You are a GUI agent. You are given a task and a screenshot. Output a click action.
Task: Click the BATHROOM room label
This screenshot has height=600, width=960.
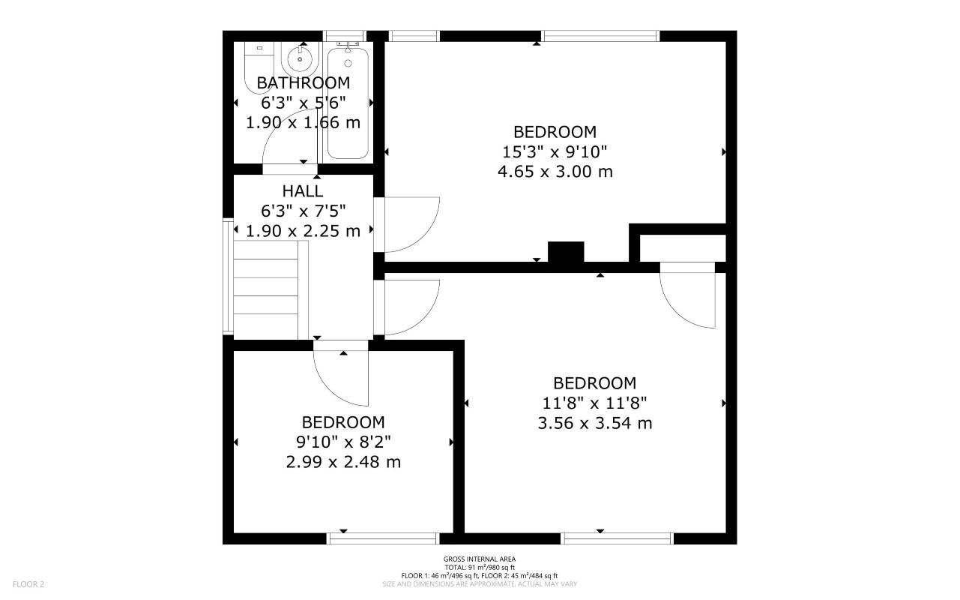[303, 82]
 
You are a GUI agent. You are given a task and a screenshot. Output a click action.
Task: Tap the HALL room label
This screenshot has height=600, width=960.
[303, 190]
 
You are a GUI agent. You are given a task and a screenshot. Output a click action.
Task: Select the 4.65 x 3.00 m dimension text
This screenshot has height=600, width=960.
[555, 172]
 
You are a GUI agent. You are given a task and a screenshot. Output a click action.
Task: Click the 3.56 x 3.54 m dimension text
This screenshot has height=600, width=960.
[594, 423]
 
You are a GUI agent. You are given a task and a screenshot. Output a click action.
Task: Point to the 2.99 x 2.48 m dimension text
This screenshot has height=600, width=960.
[343, 462]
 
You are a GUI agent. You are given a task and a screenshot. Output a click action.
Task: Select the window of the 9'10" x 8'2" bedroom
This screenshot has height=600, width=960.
[383, 538]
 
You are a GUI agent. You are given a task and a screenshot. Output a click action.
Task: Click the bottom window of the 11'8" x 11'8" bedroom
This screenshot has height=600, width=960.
[618, 538]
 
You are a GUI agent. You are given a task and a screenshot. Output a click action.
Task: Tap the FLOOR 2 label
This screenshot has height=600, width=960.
[28, 583]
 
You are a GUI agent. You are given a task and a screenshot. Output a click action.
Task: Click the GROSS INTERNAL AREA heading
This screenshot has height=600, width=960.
[479, 559]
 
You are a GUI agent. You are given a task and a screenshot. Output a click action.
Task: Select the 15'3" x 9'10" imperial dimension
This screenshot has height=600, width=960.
[555, 152]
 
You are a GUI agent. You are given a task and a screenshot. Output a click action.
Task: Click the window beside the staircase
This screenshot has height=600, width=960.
[227, 275]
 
